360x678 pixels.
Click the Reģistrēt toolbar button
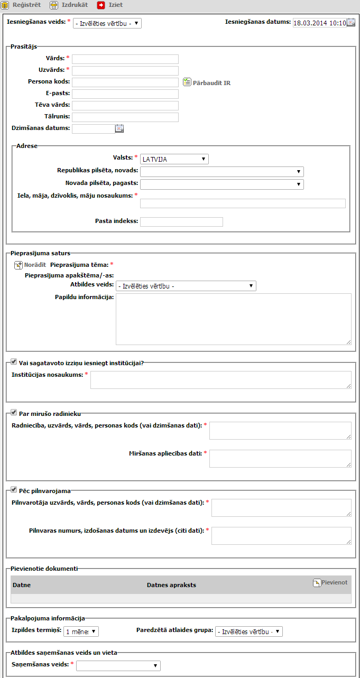point(21,5)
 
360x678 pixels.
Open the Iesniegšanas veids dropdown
point(107,23)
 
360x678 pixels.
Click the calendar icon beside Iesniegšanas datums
point(351,23)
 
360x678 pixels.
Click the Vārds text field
point(125,59)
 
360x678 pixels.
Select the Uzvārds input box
point(125,71)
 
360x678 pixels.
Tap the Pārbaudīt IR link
point(207,83)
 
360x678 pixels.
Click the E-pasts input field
point(125,94)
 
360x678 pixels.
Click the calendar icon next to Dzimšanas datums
point(119,128)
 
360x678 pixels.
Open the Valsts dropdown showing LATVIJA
point(174,159)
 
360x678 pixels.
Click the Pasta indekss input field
point(181,222)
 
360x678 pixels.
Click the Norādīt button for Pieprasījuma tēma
point(30,265)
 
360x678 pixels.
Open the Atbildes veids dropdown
point(186,286)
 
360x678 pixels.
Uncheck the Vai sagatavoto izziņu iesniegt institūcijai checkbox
point(14,362)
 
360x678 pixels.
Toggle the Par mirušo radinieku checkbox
point(14,413)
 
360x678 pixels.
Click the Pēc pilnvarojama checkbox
point(14,490)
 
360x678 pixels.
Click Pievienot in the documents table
point(330,582)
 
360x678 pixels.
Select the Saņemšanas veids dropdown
point(118,666)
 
